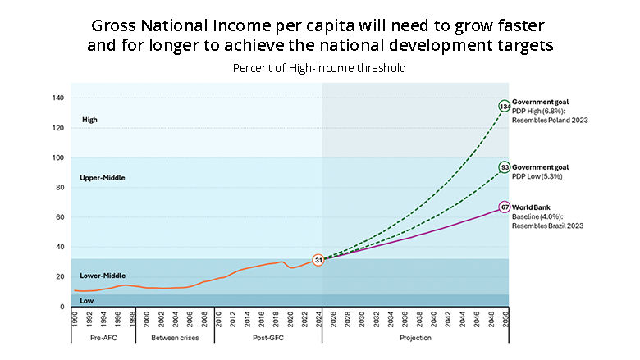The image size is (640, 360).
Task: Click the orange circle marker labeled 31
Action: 318,260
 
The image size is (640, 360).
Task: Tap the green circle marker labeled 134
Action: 505,106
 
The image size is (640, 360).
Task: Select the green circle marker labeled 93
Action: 505,167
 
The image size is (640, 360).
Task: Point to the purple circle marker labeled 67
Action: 505,207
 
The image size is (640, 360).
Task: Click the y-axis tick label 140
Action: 58,98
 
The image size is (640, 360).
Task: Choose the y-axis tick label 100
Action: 58,157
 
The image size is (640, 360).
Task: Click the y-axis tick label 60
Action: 58,217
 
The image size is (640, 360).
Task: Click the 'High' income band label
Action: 89,120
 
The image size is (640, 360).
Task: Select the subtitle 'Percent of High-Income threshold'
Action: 320,68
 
